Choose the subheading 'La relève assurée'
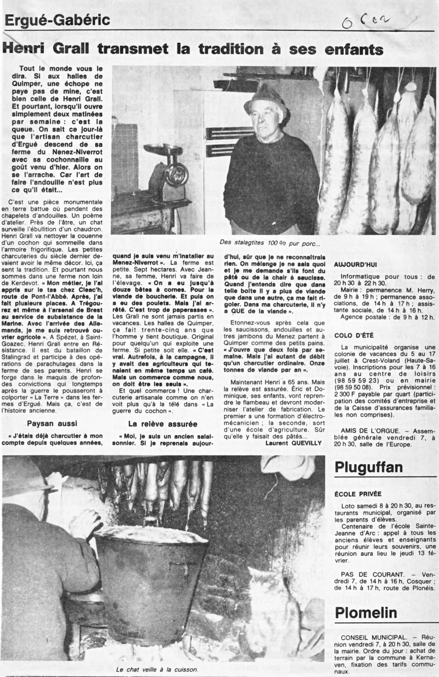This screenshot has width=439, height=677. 163,423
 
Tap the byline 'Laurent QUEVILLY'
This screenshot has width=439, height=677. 294,443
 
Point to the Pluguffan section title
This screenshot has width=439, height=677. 368,467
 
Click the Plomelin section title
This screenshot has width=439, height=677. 366,612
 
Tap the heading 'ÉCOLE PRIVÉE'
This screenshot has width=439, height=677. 358,494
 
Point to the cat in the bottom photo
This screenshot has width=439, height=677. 273,586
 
